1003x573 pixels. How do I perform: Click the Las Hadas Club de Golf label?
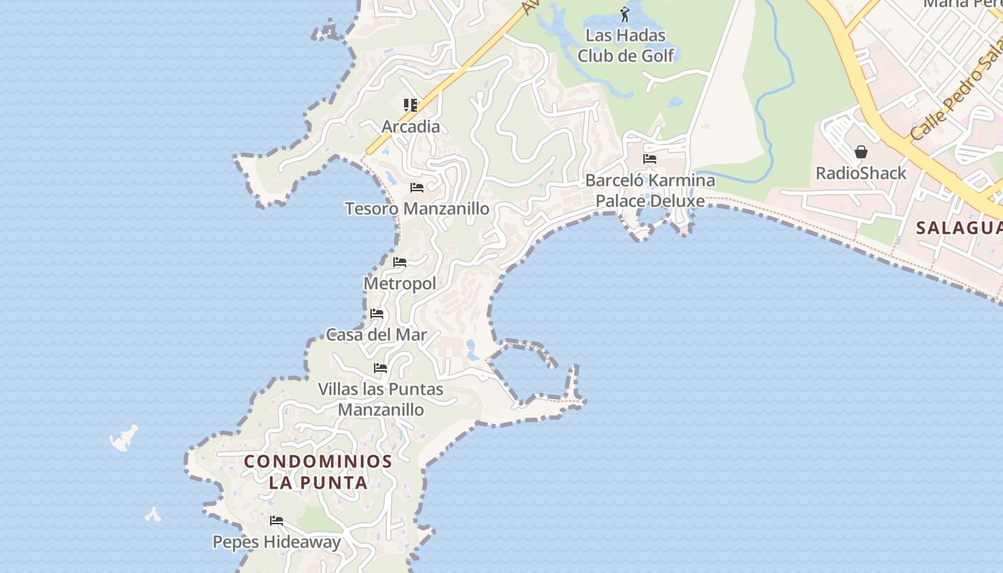pos(625,45)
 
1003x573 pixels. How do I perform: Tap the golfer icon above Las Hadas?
pos(625,14)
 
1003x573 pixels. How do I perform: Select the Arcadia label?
pos(411,127)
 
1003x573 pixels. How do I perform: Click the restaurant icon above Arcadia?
pos(411,106)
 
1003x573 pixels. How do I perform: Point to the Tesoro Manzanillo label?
pos(417,209)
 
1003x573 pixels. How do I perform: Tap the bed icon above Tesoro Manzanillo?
pos(417,188)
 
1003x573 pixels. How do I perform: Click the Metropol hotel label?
pos(400,284)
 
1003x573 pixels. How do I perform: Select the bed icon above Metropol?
pos(400,262)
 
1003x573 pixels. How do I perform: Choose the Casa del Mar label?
pos(376,334)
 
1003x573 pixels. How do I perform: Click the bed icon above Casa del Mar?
pos(377,314)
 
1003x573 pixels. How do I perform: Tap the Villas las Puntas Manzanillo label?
pos(380,400)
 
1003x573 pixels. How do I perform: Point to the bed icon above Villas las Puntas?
pos(380,368)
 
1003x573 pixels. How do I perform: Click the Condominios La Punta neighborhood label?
pos(318,471)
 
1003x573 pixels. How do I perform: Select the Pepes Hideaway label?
pos(277,542)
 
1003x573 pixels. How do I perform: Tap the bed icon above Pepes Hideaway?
pos(277,521)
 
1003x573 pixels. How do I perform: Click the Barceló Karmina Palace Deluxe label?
pos(650,191)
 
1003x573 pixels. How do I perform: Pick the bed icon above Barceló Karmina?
pos(650,159)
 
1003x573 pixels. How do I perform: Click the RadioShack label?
pos(861,173)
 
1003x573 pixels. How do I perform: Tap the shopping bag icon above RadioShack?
pos(861,152)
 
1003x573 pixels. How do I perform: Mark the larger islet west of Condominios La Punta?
pos(125,437)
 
